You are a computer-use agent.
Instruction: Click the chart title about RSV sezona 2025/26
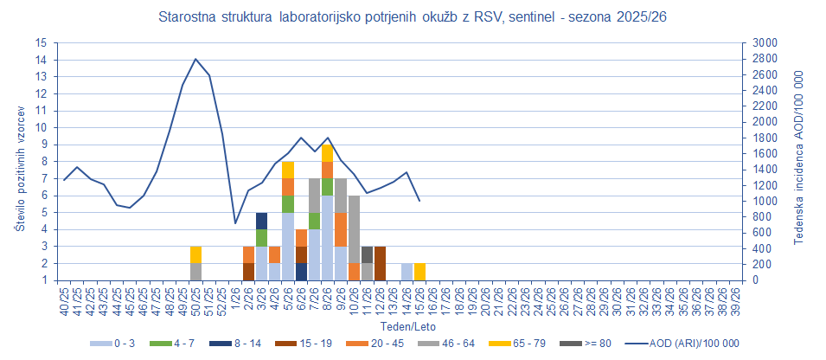(x=413, y=16)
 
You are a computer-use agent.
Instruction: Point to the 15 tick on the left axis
(x=41, y=43)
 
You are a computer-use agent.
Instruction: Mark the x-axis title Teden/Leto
(x=400, y=327)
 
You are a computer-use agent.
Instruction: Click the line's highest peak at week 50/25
(x=196, y=59)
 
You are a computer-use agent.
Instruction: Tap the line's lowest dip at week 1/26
(x=235, y=223)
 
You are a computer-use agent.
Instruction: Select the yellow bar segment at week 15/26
(x=419, y=272)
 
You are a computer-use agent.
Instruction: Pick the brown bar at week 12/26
(x=380, y=263)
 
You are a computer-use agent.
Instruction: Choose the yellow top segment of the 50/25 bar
(x=196, y=254)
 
